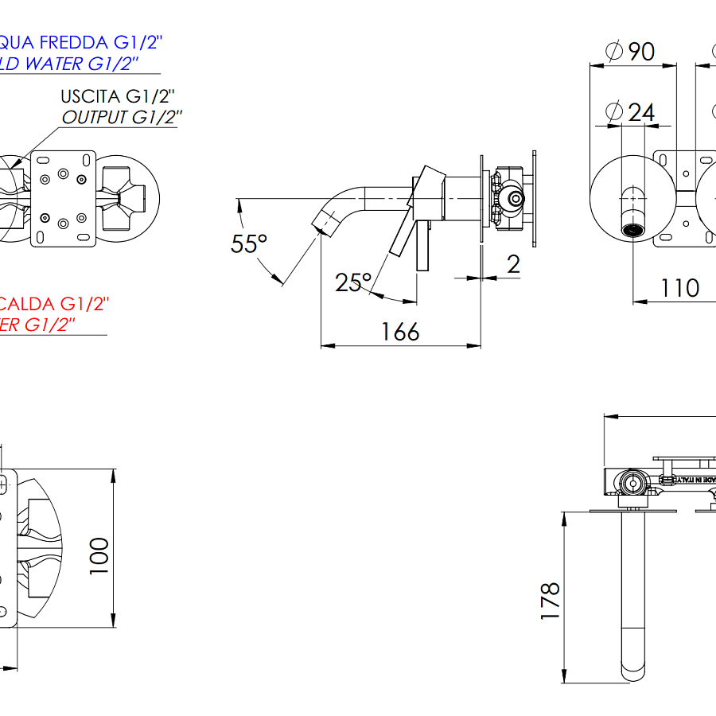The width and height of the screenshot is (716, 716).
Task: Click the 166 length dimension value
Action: click(x=400, y=331)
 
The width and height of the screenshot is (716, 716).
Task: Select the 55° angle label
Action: click(x=249, y=243)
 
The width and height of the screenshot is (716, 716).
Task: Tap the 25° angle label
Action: click(x=353, y=282)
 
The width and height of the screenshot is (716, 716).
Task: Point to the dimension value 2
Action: click(x=513, y=263)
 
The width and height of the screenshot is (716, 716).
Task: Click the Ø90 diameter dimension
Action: click(x=630, y=51)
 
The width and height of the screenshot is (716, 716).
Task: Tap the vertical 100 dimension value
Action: click(x=99, y=555)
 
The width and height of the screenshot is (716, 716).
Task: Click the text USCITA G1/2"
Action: click(x=118, y=97)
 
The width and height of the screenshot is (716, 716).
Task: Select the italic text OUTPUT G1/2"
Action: click(x=123, y=118)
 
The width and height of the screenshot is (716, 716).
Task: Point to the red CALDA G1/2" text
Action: click(x=54, y=304)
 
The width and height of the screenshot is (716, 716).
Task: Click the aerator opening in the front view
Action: click(x=633, y=230)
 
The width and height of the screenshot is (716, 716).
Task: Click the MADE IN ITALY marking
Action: click(x=695, y=479)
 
